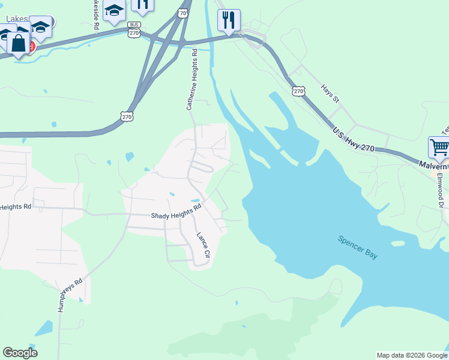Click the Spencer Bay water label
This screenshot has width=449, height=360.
[x=358, y=247]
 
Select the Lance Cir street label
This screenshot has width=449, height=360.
[x=202, y=245]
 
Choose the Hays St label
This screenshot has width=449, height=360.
[x=330, y=92]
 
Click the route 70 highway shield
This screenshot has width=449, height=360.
[x=182, y=13]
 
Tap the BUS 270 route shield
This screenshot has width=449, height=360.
[x=133, y=31]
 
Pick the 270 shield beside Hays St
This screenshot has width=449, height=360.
[x=299, y=91]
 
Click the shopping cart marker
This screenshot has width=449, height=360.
[x=439, y=146]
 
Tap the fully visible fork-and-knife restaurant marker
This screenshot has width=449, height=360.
[x=229, y=20]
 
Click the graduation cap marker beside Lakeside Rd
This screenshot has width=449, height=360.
[x=113, y=10]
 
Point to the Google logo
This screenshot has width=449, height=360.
[x=20, y=353]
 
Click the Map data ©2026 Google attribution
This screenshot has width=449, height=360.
[x=412, y=355]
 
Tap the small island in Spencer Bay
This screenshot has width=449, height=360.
[x=397, y=243]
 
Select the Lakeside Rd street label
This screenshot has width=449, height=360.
[x=95, y=14]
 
